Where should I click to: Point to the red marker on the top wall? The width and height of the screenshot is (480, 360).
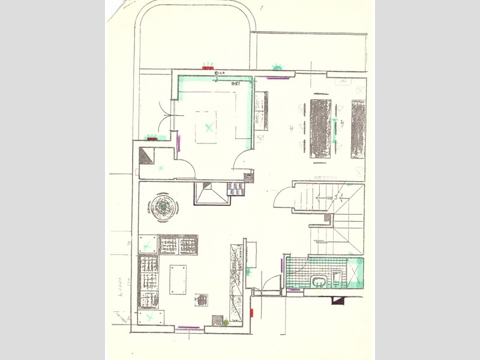point(208,68)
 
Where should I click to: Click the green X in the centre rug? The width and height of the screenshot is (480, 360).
point(208,127)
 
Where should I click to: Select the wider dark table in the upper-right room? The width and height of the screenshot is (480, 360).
point(320,128)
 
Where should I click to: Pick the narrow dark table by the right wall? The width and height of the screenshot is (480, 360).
point(358,128)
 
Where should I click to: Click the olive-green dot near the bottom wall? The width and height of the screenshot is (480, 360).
point(226,323)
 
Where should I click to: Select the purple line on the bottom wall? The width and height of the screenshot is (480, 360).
point(189,328)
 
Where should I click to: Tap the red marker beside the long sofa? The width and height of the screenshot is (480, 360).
point(253,313)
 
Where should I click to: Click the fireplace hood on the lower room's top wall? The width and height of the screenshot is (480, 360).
point(211,194)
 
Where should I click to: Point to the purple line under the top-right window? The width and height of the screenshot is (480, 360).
point(278,78)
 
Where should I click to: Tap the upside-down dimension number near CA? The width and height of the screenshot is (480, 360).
point(236,85)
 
